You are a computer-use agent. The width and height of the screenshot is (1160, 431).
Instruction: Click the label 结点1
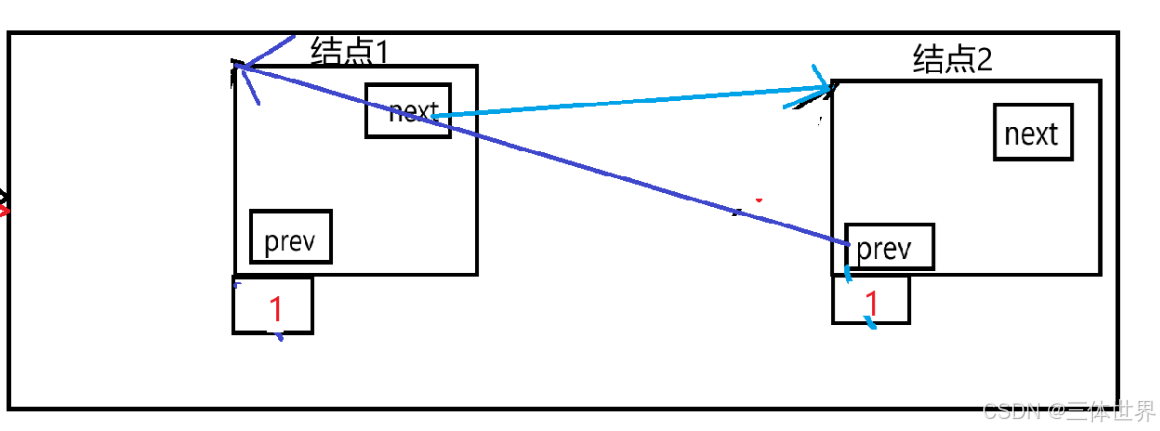[355, 50]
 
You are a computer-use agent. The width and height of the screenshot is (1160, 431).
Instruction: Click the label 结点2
[951, 61]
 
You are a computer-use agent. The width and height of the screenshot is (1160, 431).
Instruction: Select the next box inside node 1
[408, 110]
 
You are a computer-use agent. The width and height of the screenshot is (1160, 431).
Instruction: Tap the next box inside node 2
[1033, 133]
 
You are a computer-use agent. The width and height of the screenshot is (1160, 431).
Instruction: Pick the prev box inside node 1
[290, 236]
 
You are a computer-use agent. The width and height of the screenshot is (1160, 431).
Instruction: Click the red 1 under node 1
[276, 310]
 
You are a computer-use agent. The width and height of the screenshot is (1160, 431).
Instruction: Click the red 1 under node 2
[872, 302]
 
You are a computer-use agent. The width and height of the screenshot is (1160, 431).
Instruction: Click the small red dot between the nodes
[759, 200]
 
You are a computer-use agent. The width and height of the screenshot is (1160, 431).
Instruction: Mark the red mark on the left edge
[4, 210]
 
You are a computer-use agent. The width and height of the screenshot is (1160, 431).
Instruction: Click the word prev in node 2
[883, 248]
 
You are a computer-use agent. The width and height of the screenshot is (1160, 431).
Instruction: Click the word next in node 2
[1032, 134]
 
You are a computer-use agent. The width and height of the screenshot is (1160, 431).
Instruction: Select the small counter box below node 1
[273, 305]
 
